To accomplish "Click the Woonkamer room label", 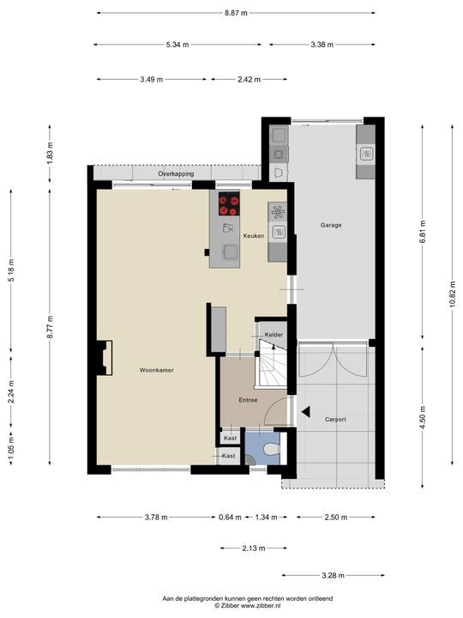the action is pos(156,370).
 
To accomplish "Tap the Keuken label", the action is pos(254,236).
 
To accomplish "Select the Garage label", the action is pos(331,225).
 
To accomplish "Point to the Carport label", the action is pos(335,420).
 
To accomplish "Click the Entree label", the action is pos(248,400).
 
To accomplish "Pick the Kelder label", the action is pos(274,335).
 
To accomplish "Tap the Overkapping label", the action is pos(176,173).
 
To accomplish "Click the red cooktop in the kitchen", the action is pos(229,203).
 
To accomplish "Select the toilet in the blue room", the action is pos(272,449).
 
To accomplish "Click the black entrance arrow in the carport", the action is pos(306,412).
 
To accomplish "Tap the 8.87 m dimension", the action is pos(237,13).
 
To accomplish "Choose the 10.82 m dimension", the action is pos(453,294).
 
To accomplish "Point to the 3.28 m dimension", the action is pos(333,575).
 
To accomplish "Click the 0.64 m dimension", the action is pos(230,517).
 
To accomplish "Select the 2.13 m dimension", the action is pos(254,548).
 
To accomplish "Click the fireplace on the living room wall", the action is pos(105,358).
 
